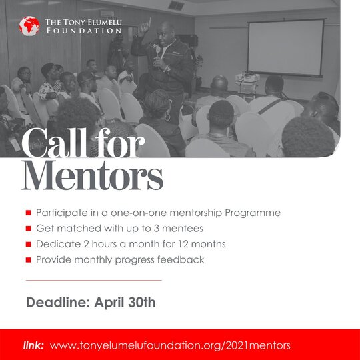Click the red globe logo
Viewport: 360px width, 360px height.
point(29,26)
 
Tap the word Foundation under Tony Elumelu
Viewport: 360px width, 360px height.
point(84,31)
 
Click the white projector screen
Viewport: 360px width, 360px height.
point(286,48)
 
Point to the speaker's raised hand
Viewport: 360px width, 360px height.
point(145,27)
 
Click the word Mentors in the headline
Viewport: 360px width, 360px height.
point(92,175)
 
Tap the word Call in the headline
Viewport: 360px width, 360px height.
point(55,143)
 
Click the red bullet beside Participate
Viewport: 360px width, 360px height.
point(29,213)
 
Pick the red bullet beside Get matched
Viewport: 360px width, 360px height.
point(29,229)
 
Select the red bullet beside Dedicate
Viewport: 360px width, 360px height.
point(29,244)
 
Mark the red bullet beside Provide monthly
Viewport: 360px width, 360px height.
point(29,260)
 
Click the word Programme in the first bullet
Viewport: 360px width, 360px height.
point(253,213)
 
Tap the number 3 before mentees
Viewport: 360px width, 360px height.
point(157,229)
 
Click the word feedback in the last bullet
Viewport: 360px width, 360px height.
point(181,260)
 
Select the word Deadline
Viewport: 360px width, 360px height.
point(58,302)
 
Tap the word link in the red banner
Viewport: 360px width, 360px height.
point(33,345)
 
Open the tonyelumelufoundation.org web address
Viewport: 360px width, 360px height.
point(170,346)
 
